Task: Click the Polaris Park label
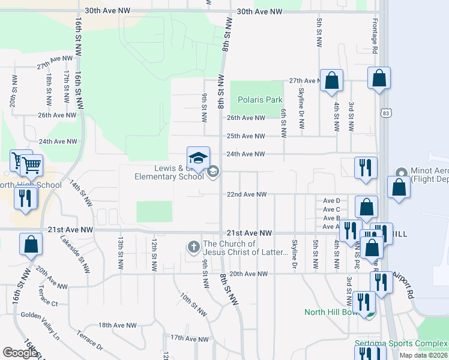click(x=259, y=100)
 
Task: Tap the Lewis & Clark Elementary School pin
click(x=199, y=158)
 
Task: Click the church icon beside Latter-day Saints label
click(x=194, y=247)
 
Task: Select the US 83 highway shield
click(x=385, y=113)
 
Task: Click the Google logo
click(x=20, y=353)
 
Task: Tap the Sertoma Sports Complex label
click(x=400, y=343)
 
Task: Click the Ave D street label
click(x=331, y=200)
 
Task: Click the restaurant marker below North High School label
click(x=25, y=198)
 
